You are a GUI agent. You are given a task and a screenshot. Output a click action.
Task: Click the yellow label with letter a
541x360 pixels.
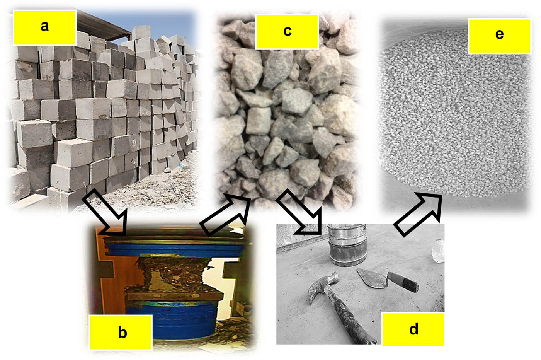45,27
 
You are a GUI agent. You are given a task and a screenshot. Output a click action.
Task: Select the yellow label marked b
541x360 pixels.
121,332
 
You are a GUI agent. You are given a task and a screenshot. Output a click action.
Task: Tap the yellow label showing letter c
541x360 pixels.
287,32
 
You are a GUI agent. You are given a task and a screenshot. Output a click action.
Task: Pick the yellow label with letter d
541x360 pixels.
413,329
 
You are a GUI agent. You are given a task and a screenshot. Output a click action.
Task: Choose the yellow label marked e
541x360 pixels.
499,36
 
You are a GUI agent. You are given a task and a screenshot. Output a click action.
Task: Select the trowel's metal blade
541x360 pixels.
372,278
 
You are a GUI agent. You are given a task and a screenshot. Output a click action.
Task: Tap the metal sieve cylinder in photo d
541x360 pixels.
347,244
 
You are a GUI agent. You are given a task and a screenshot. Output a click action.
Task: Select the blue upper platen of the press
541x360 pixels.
174,249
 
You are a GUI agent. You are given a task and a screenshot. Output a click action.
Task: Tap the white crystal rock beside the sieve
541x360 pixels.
437,251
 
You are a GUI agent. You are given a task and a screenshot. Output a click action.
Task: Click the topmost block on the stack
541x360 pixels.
141,32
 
